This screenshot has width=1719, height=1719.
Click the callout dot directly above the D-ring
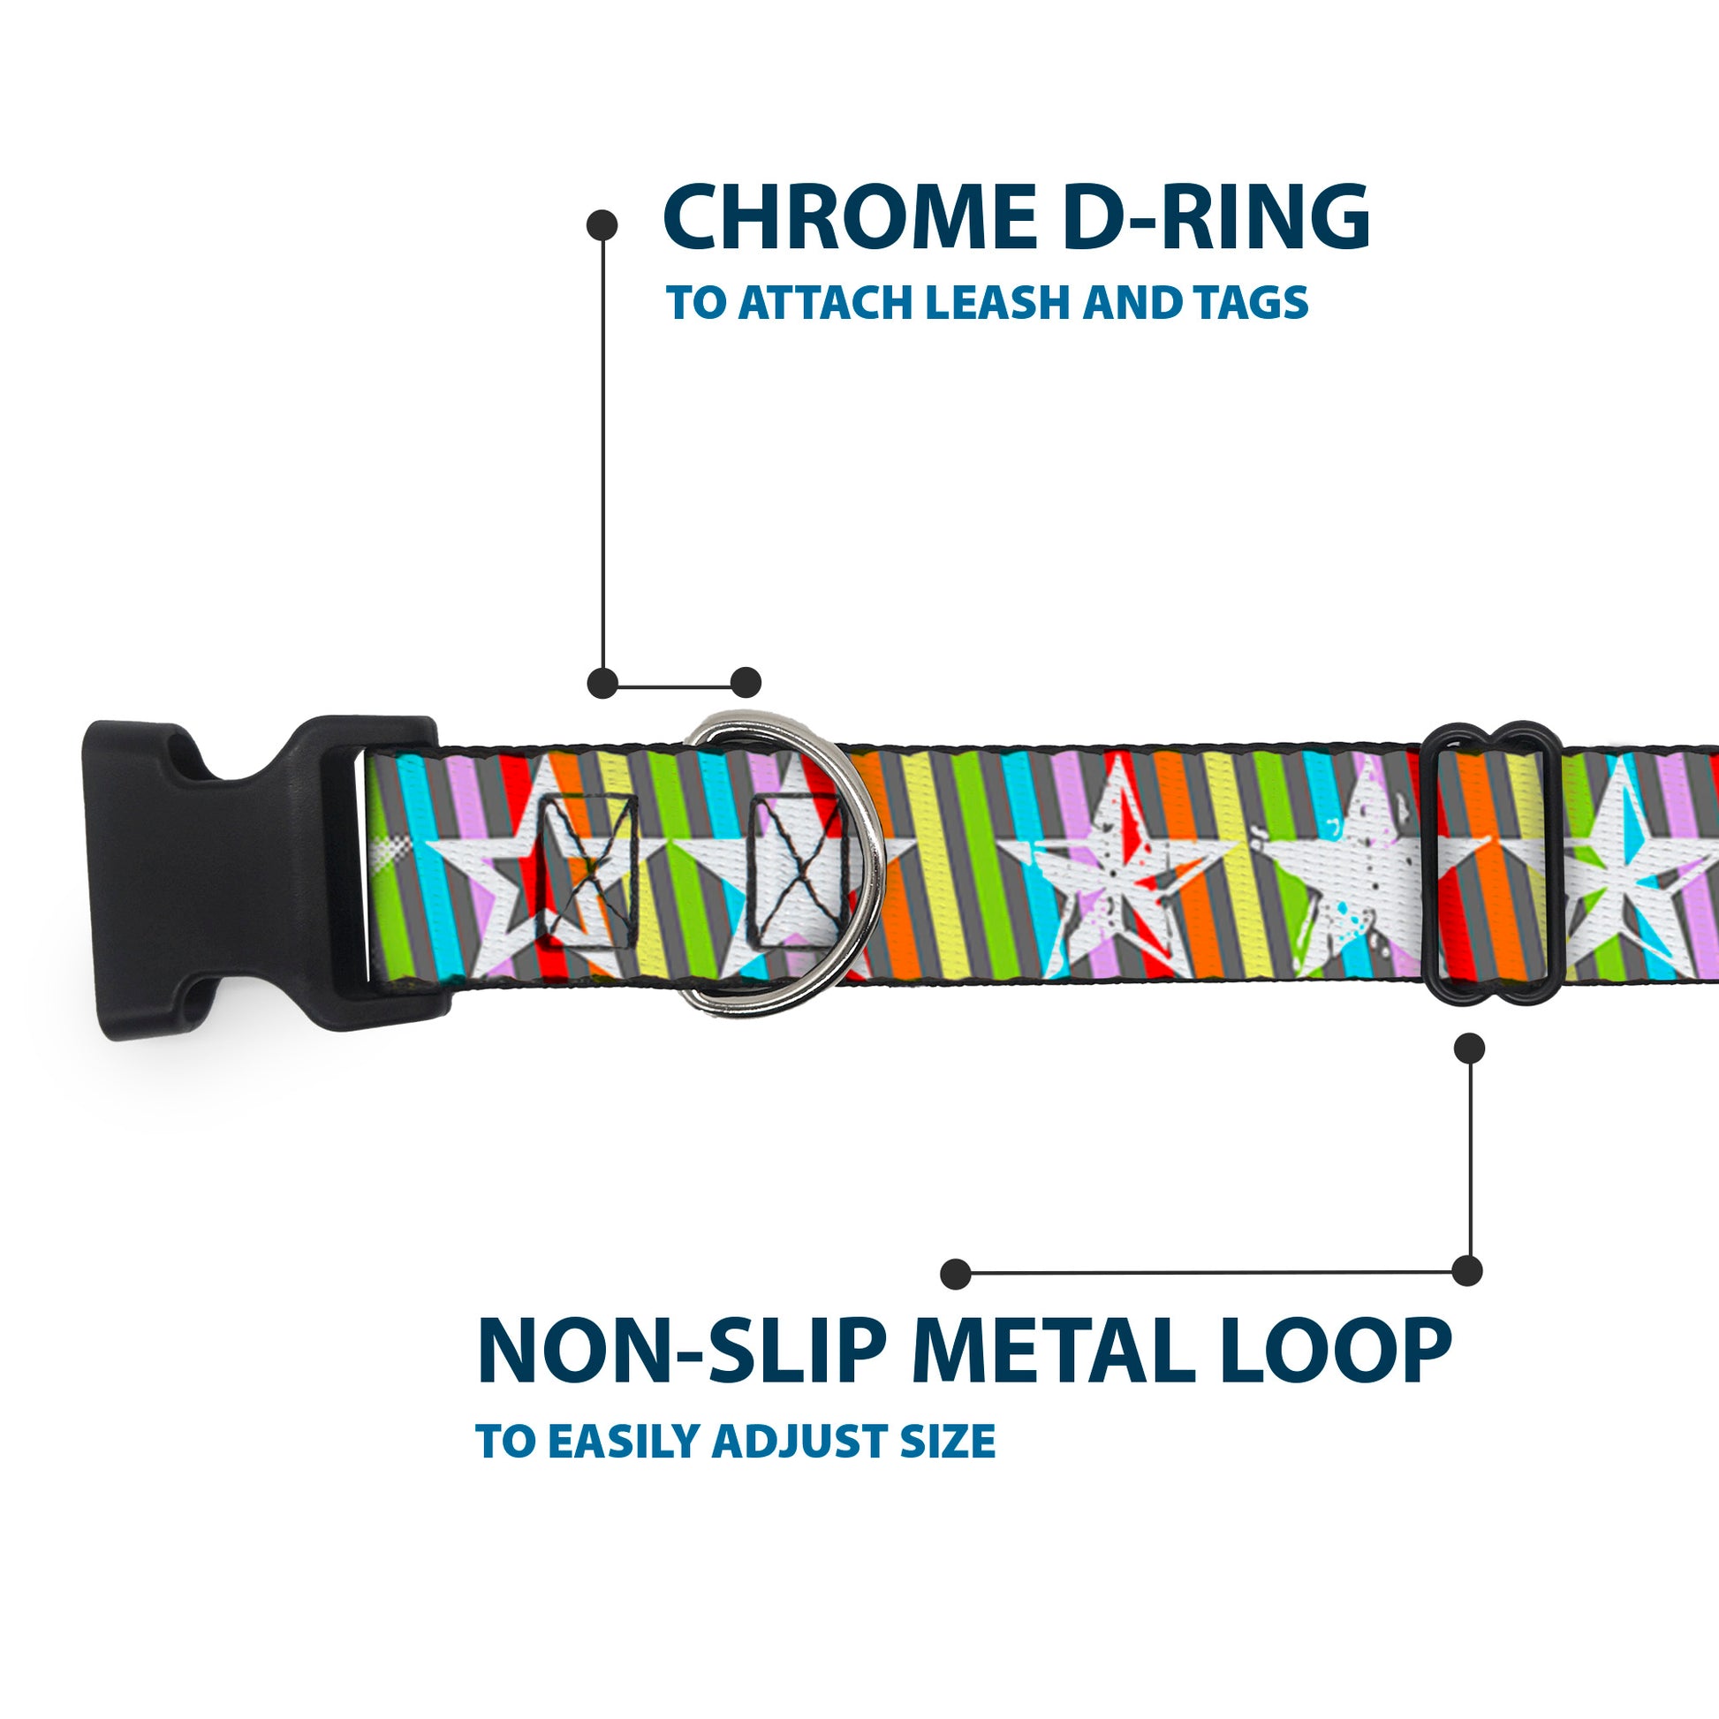[746, 683]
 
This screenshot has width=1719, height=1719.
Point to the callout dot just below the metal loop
[1469, 1049]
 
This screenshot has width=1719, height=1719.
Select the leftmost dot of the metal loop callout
[956, 1273]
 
